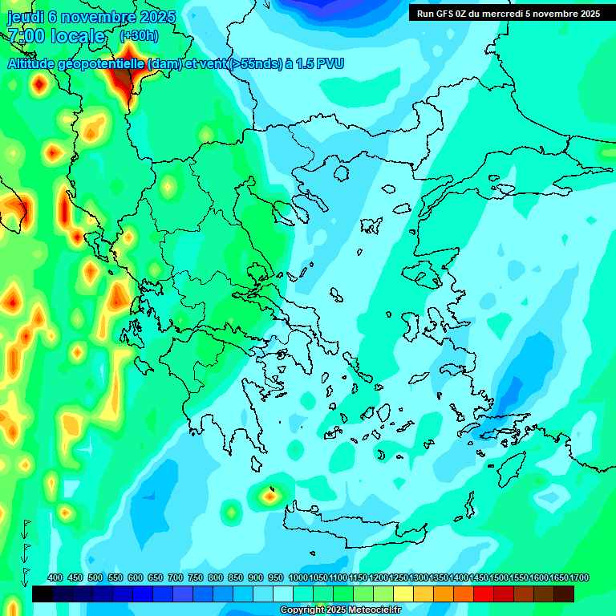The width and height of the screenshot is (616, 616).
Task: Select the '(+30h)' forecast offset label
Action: pyautogui.click(x=138, y=36)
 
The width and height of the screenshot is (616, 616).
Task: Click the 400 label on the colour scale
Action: pyautogui.click(x=55, y=577)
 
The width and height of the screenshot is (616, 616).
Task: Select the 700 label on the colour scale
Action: pyautogui.click(x=176, y=577)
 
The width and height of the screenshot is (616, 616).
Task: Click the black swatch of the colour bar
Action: pyautogui.click(x=43, y=594)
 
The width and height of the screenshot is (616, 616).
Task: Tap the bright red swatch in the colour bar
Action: pyautogui.click(x=484, y=594)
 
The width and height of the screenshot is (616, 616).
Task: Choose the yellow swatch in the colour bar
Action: pyautogui.click(x=403, y=594)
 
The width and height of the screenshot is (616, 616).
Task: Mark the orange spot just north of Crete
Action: pyautogui.click(x=270, y=496)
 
